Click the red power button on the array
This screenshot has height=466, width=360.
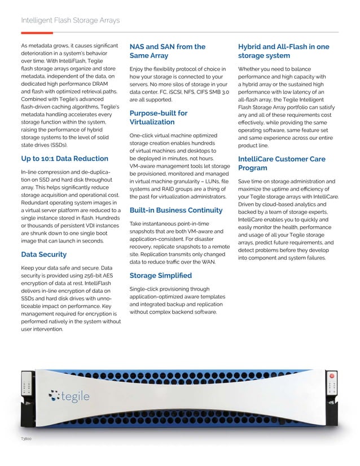[x=332, y=376]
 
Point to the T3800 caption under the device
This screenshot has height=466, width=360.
[x=25, y=437]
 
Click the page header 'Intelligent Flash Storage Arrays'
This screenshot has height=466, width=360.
[x=70, y=21]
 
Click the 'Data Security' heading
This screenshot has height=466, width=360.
[x=43, y=254]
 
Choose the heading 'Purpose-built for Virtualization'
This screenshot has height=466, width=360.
[x=159, y=117]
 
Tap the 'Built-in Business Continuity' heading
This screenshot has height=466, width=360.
[x=176, y=210]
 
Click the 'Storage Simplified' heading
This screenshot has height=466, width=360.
[x=161, y=275]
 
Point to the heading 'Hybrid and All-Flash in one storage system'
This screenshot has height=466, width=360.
[x=283, y=51]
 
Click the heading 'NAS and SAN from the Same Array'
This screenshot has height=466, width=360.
[x=167, y=51]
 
